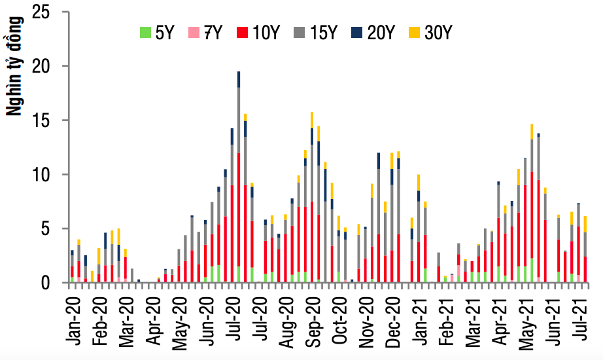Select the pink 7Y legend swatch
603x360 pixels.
(x=193, y=31)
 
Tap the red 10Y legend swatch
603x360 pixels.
(x=242, y=31)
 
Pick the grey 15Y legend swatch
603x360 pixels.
(x=300, y=31)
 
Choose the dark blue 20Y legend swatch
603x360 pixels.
(x=356, y=31)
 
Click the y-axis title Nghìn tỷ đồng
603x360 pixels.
(x=14, y=65)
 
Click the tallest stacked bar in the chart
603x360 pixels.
(x=239, y=177)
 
